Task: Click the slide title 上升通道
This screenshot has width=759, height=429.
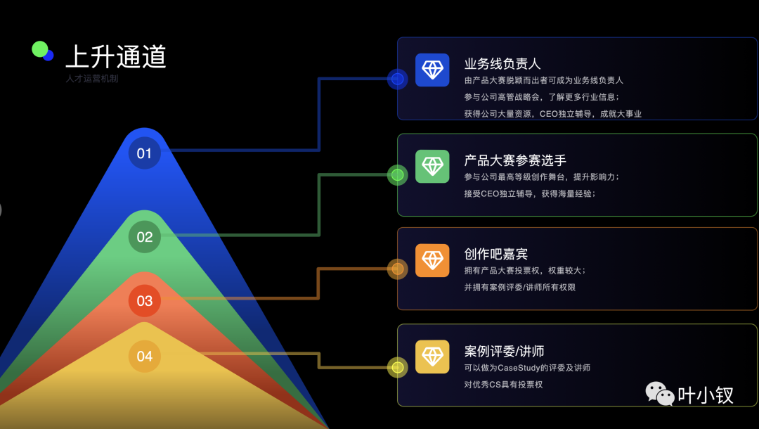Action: point(116,56)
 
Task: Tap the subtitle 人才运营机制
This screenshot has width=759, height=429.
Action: point(92,79)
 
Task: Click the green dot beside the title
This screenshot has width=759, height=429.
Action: point(40,49)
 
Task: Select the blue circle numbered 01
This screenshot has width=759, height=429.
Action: point(144,153)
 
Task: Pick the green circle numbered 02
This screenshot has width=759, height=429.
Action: point(144,237)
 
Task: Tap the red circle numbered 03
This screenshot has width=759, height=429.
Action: point(144,301)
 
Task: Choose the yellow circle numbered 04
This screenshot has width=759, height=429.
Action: point(144,357)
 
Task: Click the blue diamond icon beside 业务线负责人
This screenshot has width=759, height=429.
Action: point(432,70)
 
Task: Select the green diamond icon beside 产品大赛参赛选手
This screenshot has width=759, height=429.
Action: point(432,166)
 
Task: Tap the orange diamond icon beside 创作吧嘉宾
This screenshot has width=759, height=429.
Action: point(432,260)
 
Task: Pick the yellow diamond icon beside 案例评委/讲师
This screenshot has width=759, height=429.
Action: point(432,357)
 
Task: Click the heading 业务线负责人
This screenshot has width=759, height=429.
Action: point(502,64)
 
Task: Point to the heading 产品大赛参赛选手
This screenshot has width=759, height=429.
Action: point(515,160)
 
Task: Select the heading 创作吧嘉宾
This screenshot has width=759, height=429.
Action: point(496,254)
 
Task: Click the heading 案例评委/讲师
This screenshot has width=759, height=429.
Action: point(505,351)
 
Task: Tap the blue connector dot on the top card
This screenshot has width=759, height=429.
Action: point(398,79)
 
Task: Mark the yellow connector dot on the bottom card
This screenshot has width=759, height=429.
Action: point(398,367)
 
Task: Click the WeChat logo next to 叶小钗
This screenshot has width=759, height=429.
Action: point(659,394)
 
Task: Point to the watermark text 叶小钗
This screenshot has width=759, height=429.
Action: point(706,395)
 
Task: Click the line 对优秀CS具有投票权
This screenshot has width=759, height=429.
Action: point(503,385)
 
